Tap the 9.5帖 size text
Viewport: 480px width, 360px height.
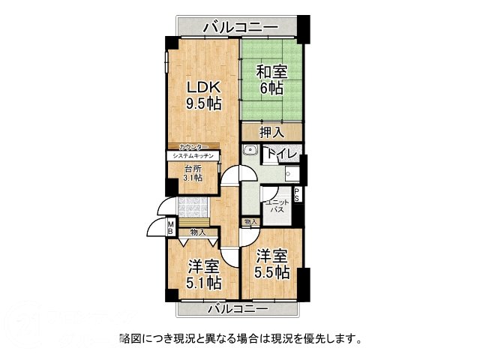tap(203, 104)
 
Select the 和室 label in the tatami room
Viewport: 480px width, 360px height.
tap(271, 72)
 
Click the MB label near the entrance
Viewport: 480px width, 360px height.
tap(171, 226)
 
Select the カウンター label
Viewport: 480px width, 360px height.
tap(193, 147)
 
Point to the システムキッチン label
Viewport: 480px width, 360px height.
tap(193, 155)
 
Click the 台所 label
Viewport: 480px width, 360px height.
tap(193, 169)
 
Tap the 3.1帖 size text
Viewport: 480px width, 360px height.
tap(193, 178)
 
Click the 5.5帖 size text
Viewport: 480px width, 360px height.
tap(271, 272)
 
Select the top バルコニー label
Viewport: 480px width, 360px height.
tap(241, 27)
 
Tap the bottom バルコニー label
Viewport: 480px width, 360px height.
tap(237, 308)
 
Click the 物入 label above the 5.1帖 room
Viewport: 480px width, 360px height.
tap(198, 232)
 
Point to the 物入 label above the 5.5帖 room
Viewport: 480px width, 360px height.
tap(250, 222)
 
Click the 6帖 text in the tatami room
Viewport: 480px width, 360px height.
tap(271, 88)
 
